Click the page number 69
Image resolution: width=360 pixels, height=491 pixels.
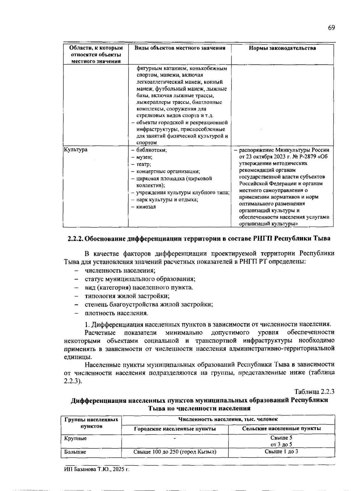331,28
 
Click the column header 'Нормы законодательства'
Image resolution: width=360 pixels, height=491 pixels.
282,48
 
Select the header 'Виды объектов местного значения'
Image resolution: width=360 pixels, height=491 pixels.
180,48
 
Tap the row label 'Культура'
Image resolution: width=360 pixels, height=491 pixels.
75,150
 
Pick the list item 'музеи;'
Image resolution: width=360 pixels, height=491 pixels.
144,157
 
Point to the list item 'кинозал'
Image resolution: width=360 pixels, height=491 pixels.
146,207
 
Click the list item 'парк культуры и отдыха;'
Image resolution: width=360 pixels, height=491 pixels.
167,200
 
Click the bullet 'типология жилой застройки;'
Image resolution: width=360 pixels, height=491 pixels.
127,296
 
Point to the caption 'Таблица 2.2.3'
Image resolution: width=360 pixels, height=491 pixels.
314,392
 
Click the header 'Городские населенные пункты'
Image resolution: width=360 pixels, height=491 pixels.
175,429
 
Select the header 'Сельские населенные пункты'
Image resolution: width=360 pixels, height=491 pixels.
281,429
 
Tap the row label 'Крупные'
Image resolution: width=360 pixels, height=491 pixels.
76,438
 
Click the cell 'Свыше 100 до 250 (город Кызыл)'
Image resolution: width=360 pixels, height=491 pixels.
175,452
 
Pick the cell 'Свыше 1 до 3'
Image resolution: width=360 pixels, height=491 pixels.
281,451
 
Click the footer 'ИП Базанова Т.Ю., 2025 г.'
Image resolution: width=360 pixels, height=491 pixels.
97,469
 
